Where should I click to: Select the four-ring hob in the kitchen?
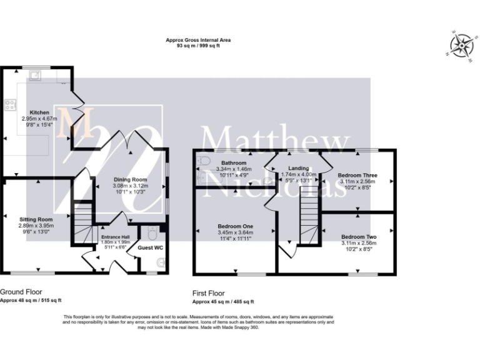(x=10, y=105)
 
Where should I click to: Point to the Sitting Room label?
(x=37, y=219)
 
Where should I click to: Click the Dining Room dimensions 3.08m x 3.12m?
(x=129, y=186)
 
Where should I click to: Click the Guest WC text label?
(x=150, y=248)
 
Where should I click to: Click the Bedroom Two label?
(x=358, y=237)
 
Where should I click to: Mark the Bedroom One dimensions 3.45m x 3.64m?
(x=235, y=232)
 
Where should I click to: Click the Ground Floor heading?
(x=21, y=292)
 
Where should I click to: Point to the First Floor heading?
(x=209, y=292)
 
